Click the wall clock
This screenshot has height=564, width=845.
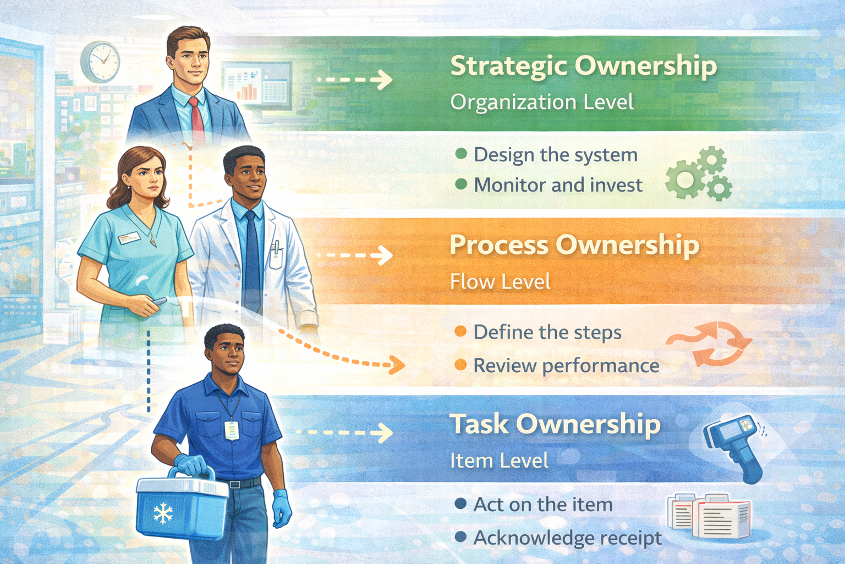[x=101, y=62]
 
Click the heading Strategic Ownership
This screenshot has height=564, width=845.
[x=583, y=66]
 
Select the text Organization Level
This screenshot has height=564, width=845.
[x=542, y=102]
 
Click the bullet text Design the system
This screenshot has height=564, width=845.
[x=556, y=155]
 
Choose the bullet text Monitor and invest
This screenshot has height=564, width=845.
[x=558, y=185]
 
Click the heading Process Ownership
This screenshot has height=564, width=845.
[x=574, y=245]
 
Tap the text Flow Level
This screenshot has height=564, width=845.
[x=500, y=282]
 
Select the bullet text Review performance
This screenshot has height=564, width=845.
[x=566, y=366]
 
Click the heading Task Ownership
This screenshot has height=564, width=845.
[x=555, y=425]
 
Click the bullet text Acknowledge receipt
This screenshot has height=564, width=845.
[x=568, y=538]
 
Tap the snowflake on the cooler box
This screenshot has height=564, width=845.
[x=163, y=514]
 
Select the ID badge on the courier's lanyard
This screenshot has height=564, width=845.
[x=232, y=430]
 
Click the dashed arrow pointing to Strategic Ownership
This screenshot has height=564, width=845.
[x=355, y=80]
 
